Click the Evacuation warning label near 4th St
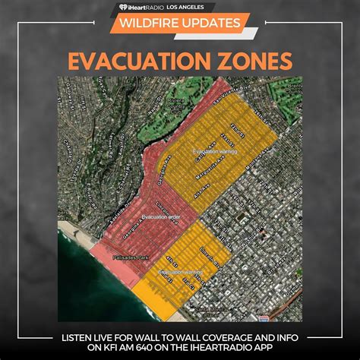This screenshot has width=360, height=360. tap(182, 271)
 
